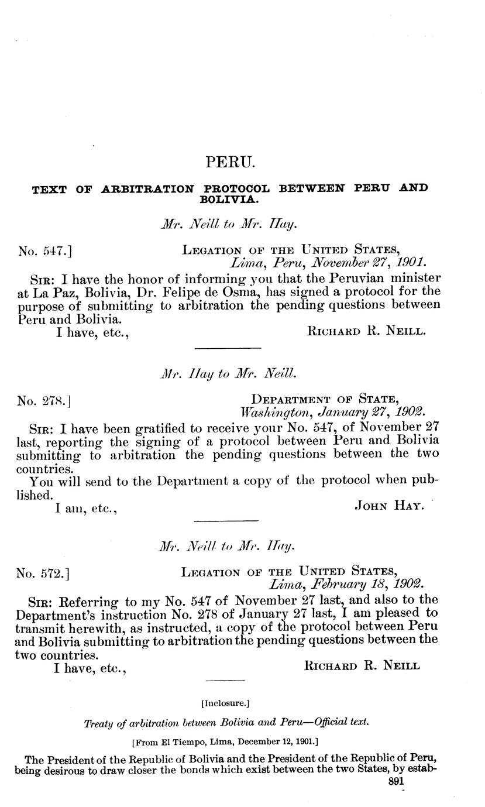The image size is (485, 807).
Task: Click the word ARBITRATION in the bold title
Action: (148, 189)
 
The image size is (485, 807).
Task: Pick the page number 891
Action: (397, 781)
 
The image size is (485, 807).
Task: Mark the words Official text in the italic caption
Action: (341, 723)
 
